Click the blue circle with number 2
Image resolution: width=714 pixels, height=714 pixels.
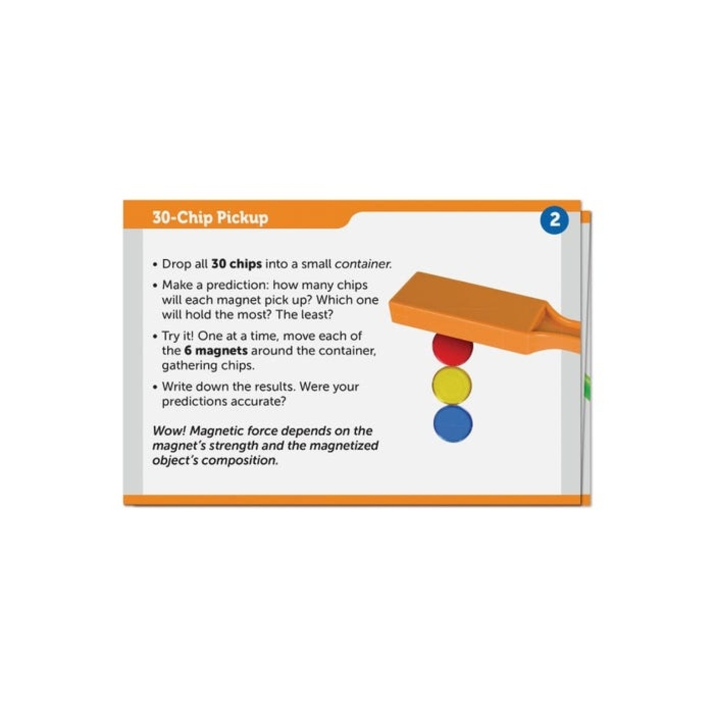pyautogui.click(x=555, y=220)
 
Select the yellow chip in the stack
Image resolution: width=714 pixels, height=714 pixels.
pyautogui.click(x=453, y=386)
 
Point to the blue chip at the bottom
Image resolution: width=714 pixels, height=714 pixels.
pyautogui.click(x=453, y=424)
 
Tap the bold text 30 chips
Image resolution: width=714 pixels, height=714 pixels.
pyautogui.click(x=236, y=264)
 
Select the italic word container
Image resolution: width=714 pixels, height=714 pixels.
pyautogui.click(x=363, y=264)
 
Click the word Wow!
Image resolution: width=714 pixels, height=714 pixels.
pyautogui.click(x=169, y=431)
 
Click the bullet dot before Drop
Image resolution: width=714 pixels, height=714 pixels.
pyautogui.click(x=155, y=265)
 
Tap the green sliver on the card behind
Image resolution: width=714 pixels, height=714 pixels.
pyautogui.click(x=587, y=387)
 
